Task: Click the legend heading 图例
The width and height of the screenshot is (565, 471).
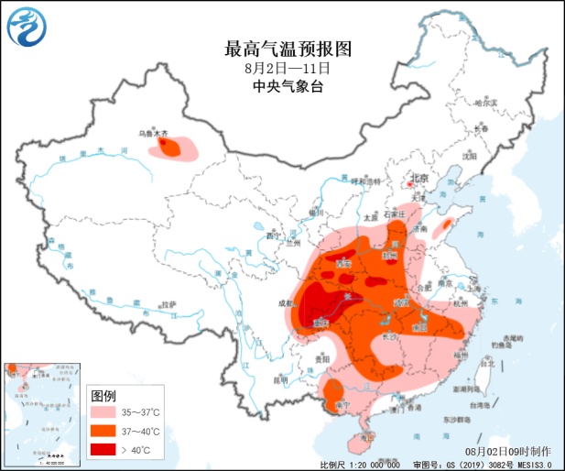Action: pos(103,396)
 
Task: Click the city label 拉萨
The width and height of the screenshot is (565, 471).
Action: pos(168,304)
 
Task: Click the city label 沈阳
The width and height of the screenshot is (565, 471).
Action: pos(471,156)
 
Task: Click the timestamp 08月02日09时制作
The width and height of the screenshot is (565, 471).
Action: pos(508,452)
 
